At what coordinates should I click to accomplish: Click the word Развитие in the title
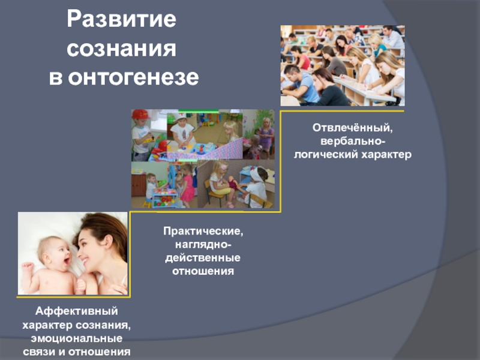pyautogui.click(x=122, y=19)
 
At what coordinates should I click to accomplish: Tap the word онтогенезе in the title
pyautogui.click(x=133, y=77)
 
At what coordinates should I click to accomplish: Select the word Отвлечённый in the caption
pyautogui.click(x=352, y=128)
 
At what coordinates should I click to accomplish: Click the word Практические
pyautogui.click(x=203, y=231)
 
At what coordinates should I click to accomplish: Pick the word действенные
pyautogui.click(x=203, y=258)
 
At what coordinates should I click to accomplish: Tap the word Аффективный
pyautogui.click(x=77, y=311)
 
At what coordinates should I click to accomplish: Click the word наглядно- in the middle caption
pyautogui.click(x=203, y=245)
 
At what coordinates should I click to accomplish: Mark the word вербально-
pyautogui.click(x=353, y=142)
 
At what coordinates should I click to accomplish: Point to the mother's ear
pyautogui.click(x=108, y=242)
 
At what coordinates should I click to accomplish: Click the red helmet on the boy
pyautogui.click(x=140, y=115)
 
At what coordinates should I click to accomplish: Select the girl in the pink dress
pyautogui.click(x=187, y=186)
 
